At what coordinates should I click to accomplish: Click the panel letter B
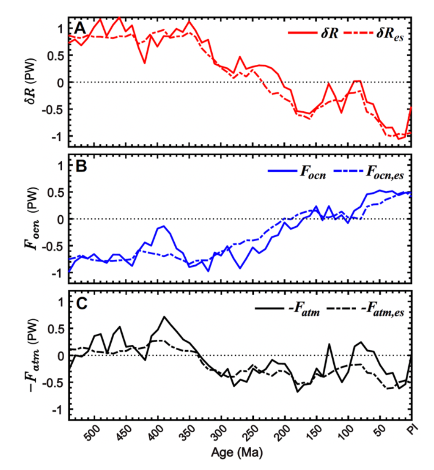[x=80, y=167]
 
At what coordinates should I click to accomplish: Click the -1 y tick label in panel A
[x=57, y=137]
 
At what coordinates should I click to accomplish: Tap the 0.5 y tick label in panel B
[x=55, y=192]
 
